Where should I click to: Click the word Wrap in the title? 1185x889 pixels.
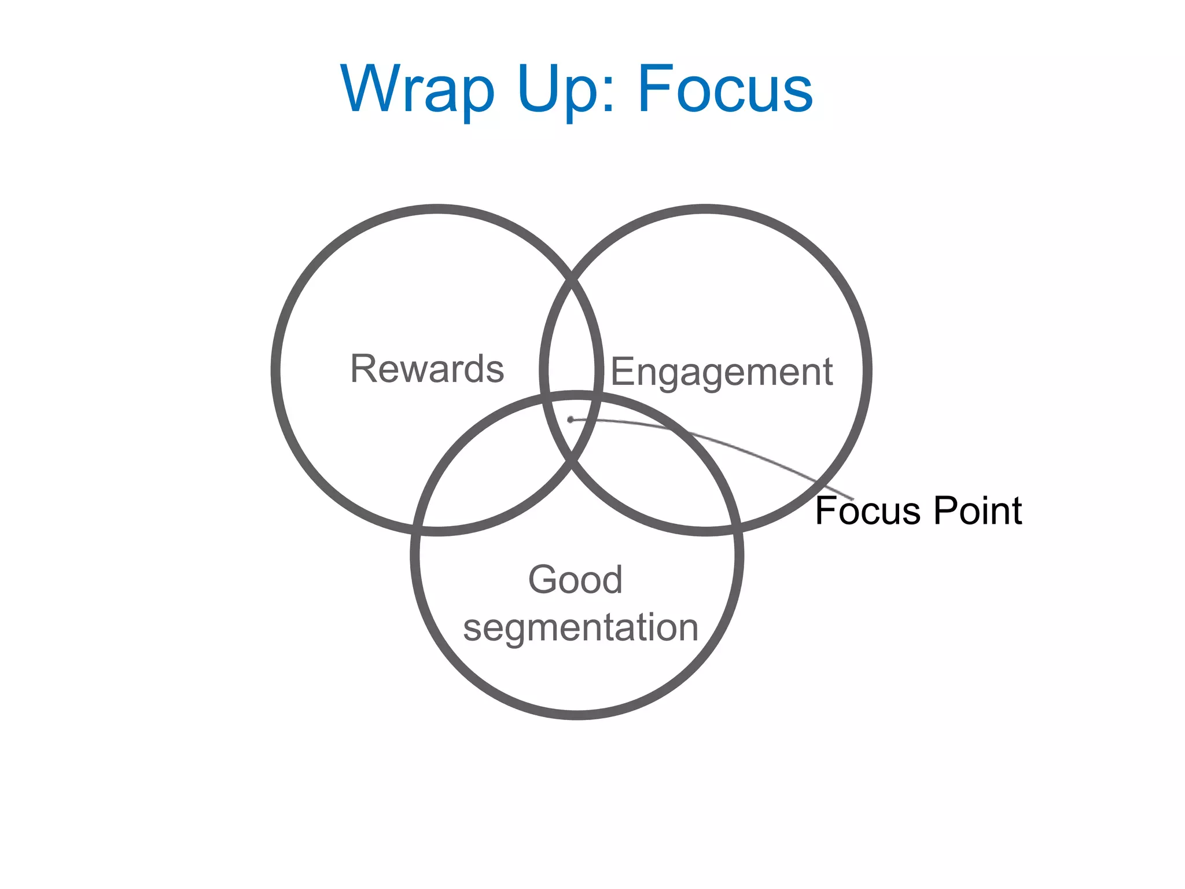click(418, 90)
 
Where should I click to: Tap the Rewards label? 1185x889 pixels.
click(427, 369)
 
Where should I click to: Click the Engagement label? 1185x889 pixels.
click(722, 372)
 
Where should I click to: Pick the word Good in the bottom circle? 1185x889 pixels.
click(575, 579)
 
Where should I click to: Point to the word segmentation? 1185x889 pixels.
click(580, 627)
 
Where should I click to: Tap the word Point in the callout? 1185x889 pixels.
click(978, 511)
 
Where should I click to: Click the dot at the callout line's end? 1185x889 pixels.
click(571, 420)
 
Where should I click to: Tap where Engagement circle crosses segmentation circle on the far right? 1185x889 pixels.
click(736, 527)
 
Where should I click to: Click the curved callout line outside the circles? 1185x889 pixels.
click(833, 488)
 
